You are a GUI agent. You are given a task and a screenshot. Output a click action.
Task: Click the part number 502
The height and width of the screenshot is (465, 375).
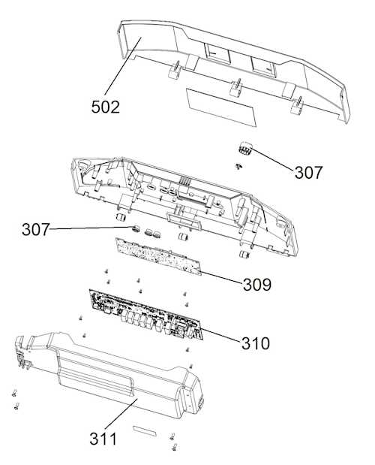pos(105,107)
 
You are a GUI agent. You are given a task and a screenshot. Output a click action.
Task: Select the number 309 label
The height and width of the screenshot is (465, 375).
pos(257,285)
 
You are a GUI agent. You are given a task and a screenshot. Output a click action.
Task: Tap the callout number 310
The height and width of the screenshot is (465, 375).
pos(256,343)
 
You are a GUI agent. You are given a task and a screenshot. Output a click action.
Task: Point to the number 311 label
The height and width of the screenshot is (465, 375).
pos(103,439)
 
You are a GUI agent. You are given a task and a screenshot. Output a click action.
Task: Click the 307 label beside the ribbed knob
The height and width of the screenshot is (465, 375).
pos(308,173)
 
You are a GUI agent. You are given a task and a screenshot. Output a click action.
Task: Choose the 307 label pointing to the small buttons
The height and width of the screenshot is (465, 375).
pos(35,230)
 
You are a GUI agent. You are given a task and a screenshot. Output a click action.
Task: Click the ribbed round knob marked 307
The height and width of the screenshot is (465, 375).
pos(245,148)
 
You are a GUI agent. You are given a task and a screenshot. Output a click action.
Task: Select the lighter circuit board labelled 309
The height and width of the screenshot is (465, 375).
pos(158,256)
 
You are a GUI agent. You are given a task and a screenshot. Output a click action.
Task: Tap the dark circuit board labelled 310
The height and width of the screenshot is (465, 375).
pos(146,315)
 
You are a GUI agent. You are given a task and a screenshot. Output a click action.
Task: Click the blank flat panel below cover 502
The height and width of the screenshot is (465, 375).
pos(220,107)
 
